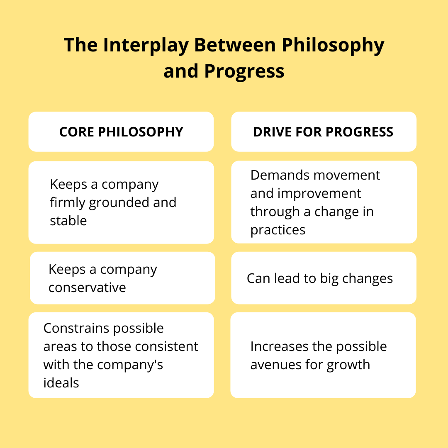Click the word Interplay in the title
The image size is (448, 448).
coord(146,45)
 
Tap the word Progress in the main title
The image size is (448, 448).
coord(244,71)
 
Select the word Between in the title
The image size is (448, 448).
coord(235,45)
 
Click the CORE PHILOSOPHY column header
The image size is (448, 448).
coord(121,132)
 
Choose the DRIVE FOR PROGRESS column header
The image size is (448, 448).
coord(323,132)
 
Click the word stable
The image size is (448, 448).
coord(68,221)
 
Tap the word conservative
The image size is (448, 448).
coord(87,288)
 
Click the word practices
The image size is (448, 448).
coord(278,230)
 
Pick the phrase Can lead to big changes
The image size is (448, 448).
coord(320,279)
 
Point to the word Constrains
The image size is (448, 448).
coord(77,328)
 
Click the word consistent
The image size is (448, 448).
coord(167,346)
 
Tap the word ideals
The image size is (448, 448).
coord(61,383)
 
